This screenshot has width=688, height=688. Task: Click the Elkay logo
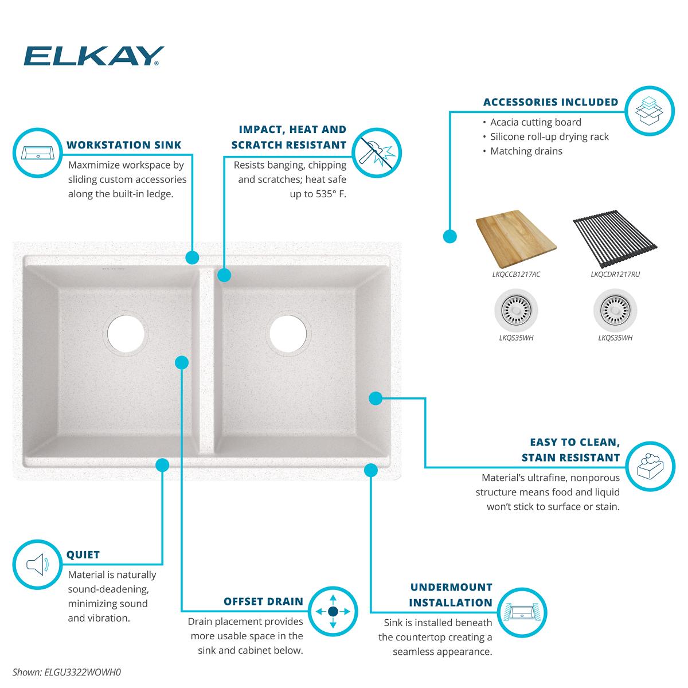point(93,56)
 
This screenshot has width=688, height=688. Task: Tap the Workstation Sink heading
point(124,145)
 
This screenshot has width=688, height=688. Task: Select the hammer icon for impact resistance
point(377,153)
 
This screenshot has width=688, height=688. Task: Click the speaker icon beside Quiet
point(37,564)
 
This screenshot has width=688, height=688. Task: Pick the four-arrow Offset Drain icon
point(333,611)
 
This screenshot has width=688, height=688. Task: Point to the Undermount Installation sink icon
point(522,613)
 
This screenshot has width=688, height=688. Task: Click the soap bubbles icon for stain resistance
point(650,466)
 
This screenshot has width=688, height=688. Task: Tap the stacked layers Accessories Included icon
point(650,111)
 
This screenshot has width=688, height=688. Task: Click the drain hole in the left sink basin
point(126,334)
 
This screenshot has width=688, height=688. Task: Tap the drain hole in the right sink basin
point(288,334)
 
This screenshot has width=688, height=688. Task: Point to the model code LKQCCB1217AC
point(516,274)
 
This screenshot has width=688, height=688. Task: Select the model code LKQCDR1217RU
point(615,274)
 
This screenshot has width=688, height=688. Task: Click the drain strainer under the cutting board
point(516,310)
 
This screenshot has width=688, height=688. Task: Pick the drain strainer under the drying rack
point(615,310)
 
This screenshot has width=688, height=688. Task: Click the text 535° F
point(331,194)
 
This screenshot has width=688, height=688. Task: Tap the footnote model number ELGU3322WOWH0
point(83,673)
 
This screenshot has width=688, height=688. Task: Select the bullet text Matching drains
point(526,151)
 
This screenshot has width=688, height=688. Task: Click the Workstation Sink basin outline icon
point(37,153)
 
